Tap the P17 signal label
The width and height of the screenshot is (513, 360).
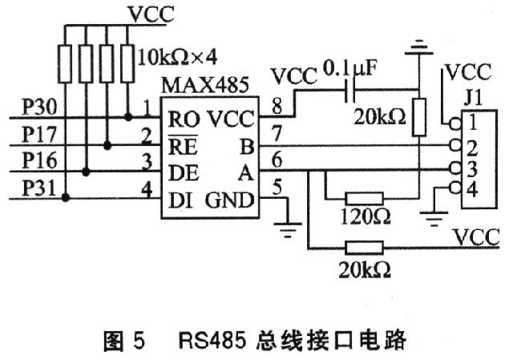coord(38,131)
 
